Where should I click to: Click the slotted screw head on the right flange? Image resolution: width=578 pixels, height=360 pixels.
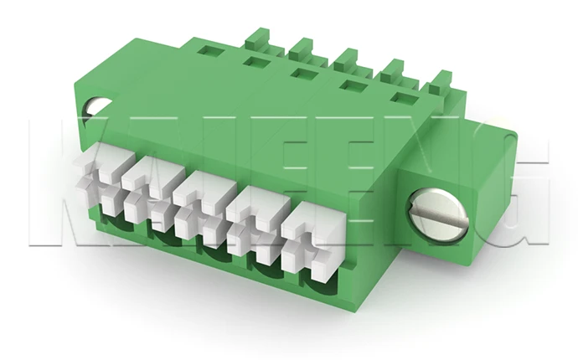(x=436, y=213)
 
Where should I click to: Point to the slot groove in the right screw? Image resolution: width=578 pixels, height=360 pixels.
(x=436, y=214)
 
